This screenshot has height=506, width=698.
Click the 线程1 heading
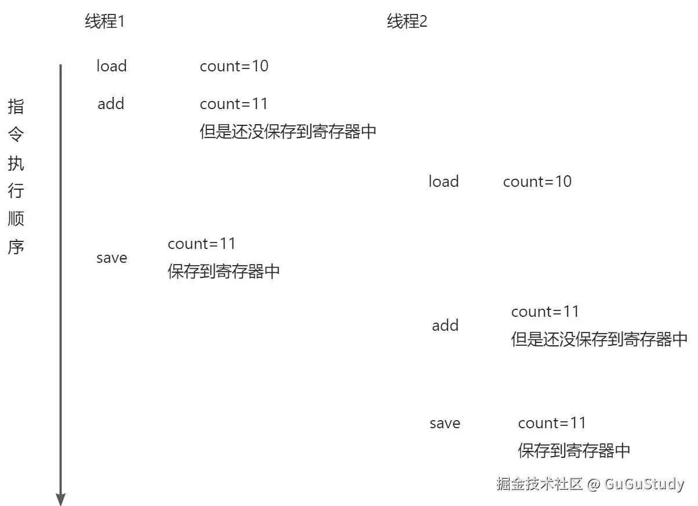pos(105,22)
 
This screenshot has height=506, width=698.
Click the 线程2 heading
pos(407,22)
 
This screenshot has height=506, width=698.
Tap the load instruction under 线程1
pos(111,66)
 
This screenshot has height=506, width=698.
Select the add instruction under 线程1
pos(111,104)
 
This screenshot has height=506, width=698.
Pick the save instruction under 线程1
pos(111,258)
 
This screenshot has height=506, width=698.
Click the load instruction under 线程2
pos(443,182)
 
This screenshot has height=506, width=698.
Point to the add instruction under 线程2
pos(445,326)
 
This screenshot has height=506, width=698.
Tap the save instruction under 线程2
pos(445,424)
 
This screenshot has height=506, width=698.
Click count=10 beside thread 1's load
pos(234,66)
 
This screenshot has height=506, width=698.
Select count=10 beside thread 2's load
pos(537,182)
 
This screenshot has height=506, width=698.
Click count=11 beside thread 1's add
pos(234,104)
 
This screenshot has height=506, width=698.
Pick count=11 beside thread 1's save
pos(202,244)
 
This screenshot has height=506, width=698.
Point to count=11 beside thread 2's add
pos(545,312)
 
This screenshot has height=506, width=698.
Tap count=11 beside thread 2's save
pos(552,423)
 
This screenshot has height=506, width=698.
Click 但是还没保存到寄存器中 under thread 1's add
pos(288,132)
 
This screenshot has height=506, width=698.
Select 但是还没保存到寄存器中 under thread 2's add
pos(599,339)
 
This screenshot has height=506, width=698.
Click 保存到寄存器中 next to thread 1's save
pos(224,272)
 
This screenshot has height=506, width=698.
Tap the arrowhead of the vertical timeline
pos(60,499)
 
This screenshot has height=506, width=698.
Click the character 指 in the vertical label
pos(16,107)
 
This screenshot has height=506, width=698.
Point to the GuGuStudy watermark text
pos(644,484)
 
